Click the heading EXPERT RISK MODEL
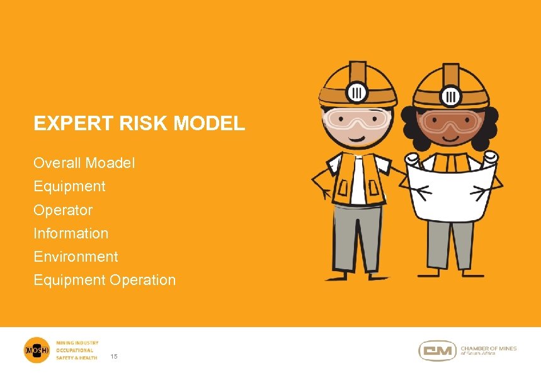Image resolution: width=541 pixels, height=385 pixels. [139, 123]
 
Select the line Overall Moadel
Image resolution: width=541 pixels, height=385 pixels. [84, 163]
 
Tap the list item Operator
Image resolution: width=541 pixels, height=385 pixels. [63, 209]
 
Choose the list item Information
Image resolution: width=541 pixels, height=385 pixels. [71, 233]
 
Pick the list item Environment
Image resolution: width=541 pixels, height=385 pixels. [76, 257]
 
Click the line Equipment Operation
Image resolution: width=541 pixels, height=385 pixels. [105, 280]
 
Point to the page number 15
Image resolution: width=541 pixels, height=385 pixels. [114, 357]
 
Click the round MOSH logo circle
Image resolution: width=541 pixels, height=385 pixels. [36, 350]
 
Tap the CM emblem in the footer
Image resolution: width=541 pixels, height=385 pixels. [438, 350]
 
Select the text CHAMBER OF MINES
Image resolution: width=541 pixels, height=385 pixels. [488, 348]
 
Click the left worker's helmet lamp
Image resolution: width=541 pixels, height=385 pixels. [358, 92]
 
